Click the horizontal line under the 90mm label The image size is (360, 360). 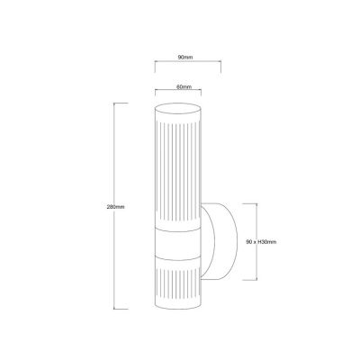click(187, 63)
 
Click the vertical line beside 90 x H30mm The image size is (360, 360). click(257, 240)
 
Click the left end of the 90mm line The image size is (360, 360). click(154, 63)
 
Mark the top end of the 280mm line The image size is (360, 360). click(113, 104)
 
